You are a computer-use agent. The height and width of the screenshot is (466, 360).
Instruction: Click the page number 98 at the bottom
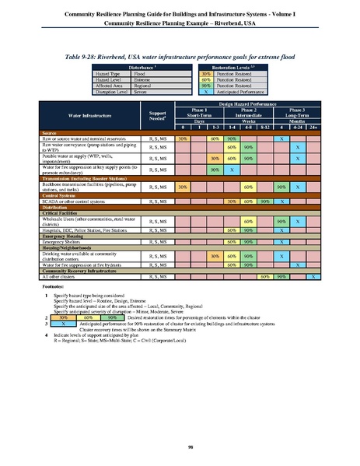point(180,446)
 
